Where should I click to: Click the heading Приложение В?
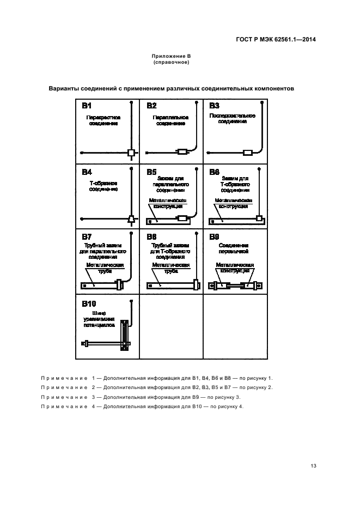click(171, 57)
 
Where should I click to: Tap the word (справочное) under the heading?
click(171, 63)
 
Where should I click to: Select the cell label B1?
click(87, 106)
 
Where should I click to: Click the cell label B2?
click(151, 106)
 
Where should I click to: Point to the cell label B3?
click(214, 106)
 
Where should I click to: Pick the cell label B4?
click(87, 172)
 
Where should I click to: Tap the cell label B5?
click(151, 172)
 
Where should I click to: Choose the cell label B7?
click(87, 237)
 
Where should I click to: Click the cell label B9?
click(214, 237)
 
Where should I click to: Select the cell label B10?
click(89, 303)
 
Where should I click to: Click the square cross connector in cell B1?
click(131, 153)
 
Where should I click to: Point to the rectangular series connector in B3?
click(247, 153)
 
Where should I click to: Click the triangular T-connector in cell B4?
click(131, 219)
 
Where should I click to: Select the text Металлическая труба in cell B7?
click(105, 268)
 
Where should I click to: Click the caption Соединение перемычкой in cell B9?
click(235, 248)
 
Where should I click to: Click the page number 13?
click(313, 465)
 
